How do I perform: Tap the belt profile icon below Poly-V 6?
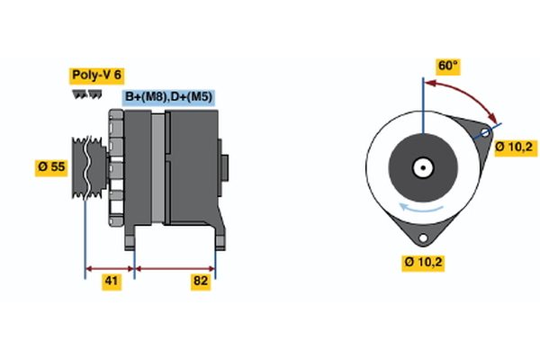(x=87, y=94)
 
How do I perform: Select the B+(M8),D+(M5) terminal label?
(x=169, y=97)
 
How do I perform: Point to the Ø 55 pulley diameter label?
(x=51, y=166)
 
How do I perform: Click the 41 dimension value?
(x=110, y=282)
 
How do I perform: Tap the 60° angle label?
(x=447, y=66)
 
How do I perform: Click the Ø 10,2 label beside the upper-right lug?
(x=514, y=146)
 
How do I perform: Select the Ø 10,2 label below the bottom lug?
(x=423, y=263)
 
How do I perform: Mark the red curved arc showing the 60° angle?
(x=468, y=93)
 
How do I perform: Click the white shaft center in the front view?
(x=422, y=167)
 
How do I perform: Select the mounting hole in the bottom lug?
(x=422, y=237)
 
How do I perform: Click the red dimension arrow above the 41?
(x=110, y=267)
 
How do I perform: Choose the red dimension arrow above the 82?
(x=175, y=267)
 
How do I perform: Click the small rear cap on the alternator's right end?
(x=226, y=168)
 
